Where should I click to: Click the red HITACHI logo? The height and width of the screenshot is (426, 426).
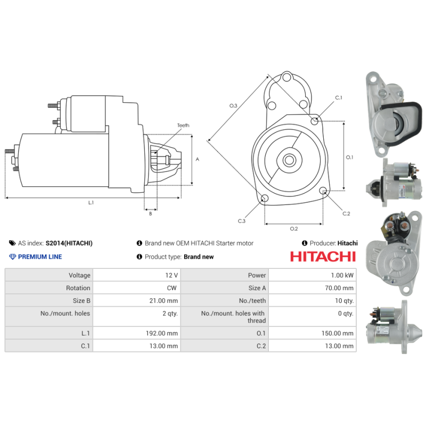[323, 256]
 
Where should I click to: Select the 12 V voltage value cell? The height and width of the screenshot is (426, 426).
[171, 275]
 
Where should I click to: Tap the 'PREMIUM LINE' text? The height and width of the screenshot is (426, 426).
[40, 257]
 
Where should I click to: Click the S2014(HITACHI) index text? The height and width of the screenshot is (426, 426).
[69, 243]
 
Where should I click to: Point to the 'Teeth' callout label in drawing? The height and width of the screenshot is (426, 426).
[183, 125]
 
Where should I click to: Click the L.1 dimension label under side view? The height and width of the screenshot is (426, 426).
[91, 202]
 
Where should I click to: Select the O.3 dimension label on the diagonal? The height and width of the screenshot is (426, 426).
[233, 106]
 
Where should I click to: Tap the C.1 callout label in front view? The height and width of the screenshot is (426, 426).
[339, 97]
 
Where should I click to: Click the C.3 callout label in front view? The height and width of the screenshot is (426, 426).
[241, 221]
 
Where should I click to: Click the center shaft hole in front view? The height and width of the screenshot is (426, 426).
[289, 159]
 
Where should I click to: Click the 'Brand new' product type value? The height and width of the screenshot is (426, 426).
[199, 257]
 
